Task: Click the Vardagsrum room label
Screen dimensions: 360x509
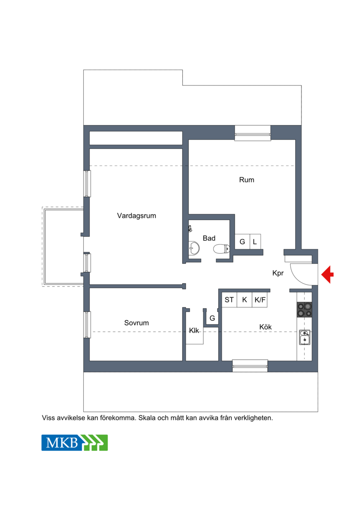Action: pos(136,216)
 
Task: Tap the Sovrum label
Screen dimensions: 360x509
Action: pos(136,323)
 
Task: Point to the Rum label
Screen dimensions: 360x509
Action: pos(247,180)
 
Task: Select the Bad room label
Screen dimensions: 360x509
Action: pos(209,238)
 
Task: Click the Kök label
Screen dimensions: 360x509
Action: pos(265,327)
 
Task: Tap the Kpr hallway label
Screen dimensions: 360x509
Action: pos(278,273)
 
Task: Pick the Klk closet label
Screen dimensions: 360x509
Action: pos(194,330)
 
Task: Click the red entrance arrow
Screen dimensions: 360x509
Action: pos(328,274)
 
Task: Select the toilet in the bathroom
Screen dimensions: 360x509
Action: pos(221,249)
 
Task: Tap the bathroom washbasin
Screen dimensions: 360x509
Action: pos(194,248)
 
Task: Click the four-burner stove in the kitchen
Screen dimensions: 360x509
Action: pos(304,309)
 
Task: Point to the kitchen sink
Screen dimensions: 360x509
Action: pos(305,337)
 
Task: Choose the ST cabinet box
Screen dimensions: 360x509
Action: pos(229,300)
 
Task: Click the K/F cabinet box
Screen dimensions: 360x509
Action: pos(260,300)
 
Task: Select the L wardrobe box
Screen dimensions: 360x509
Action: pos(255,242)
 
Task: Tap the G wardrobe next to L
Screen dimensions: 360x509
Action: pos(242,242)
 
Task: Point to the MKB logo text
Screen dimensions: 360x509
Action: pos(62,443)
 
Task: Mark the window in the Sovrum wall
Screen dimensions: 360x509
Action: pos(87,324)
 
